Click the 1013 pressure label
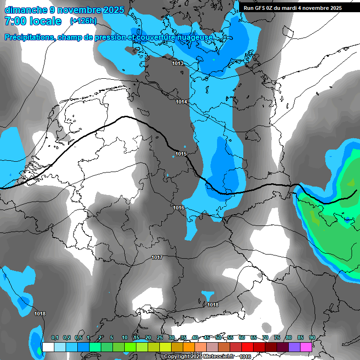click(178, 63)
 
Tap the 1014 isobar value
click(181, 102)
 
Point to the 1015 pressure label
click(181, 154)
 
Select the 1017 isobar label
click(157, 258)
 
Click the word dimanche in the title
click(26, 10)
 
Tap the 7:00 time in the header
click(15, 21)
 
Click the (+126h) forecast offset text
click(83, 21)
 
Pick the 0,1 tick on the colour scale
click(54, 338)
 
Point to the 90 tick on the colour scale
click(312, 338)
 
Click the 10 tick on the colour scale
click(124, 338)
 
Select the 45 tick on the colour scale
click(207, 338)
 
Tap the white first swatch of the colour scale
click(48, 347)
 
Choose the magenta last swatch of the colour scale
click(306, 347)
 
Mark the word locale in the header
click(45, 21)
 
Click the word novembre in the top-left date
click(80, 10)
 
